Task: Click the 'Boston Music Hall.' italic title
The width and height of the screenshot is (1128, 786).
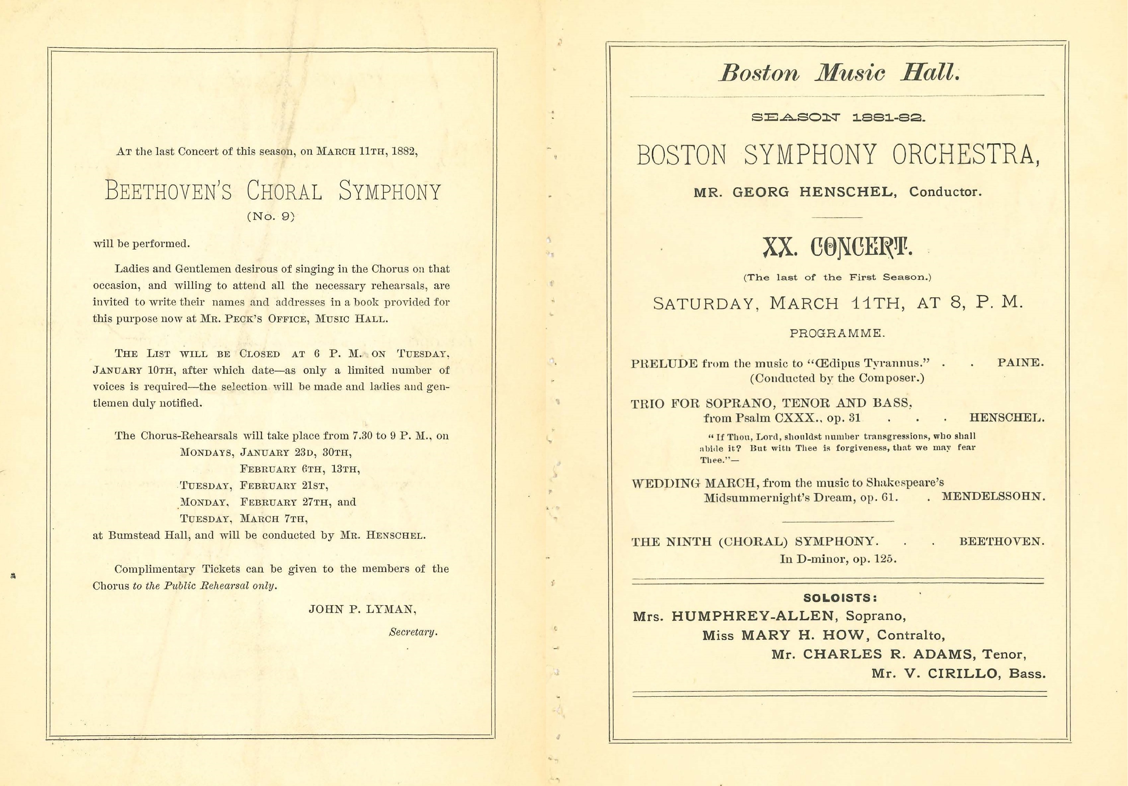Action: coord(839,73)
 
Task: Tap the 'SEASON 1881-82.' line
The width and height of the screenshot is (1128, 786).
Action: coord(838,118)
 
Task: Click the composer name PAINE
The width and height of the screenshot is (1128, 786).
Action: coord(1020,363)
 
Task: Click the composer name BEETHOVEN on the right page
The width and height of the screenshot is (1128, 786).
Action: coord(1001,541)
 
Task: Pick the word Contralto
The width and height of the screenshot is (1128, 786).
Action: coord(911,635)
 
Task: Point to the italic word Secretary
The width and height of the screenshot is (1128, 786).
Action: coord(413,632)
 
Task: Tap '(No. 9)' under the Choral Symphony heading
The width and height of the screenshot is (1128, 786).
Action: coord(271,217)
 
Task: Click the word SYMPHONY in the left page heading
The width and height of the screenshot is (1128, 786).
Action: coord(390,191)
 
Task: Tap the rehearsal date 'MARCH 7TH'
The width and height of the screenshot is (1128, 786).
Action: coord(274,519)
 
